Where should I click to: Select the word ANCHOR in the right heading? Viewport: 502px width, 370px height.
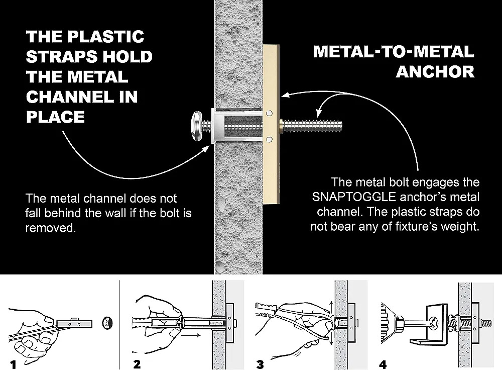(435, 71)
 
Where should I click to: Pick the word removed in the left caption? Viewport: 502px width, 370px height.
(50, 227)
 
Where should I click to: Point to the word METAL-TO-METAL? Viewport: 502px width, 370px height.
(394, 51)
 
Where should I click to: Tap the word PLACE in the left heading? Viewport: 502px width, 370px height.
(55, 117)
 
